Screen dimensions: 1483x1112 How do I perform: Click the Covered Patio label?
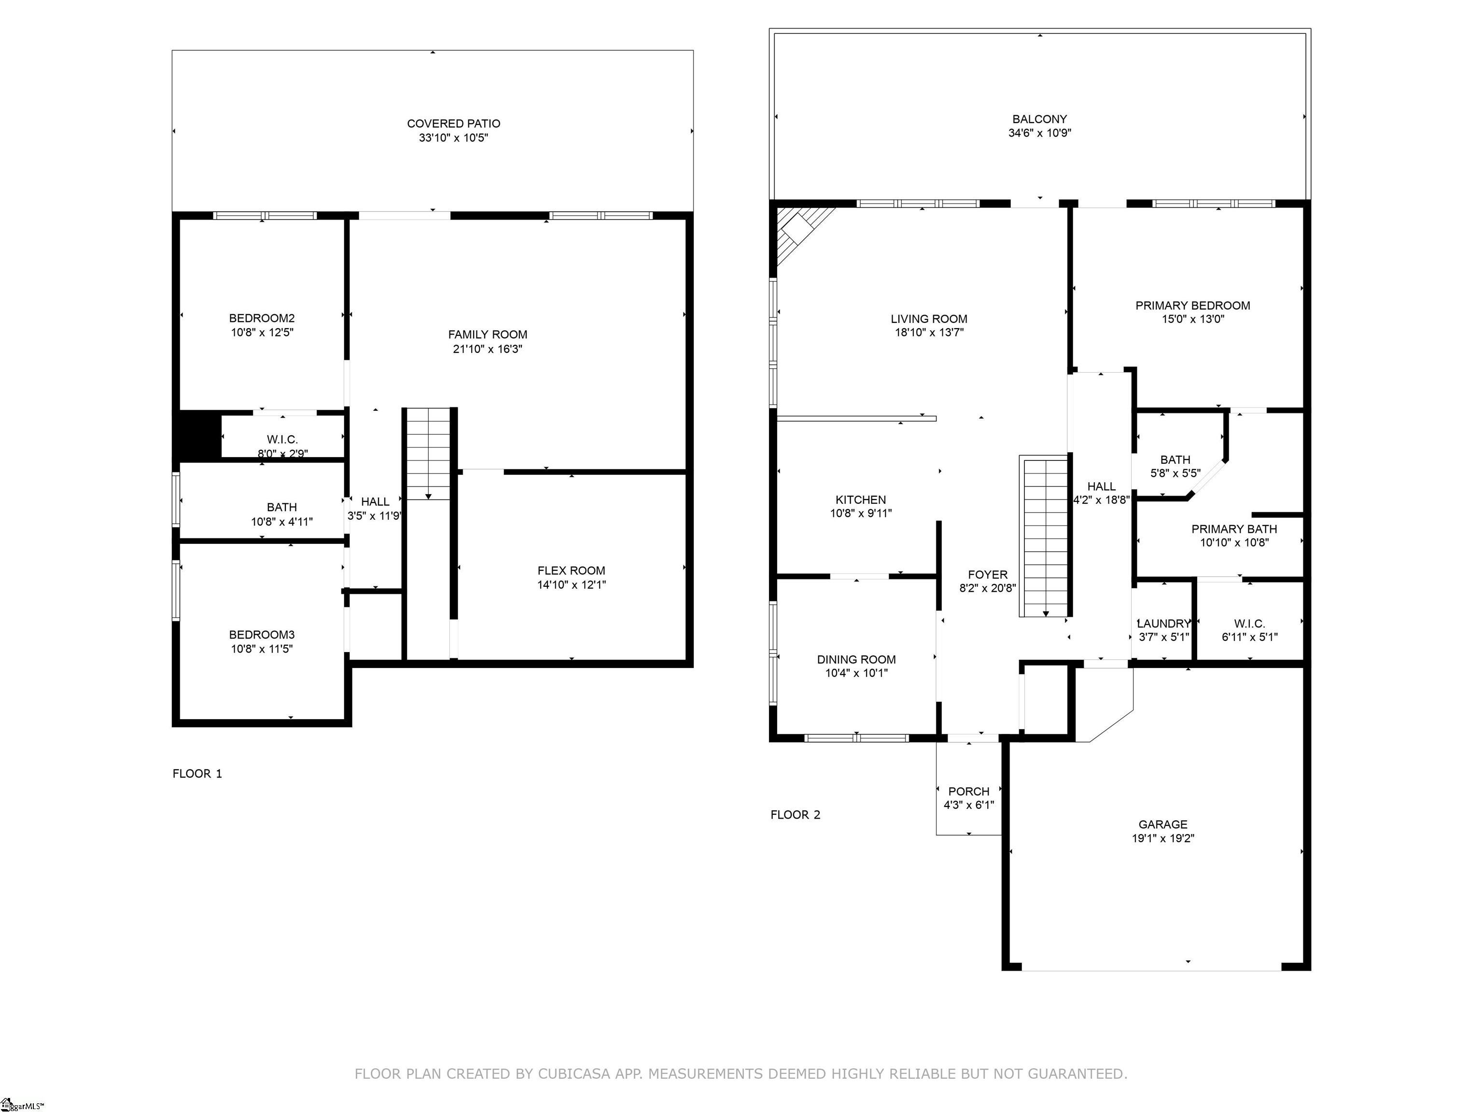tap(453, 124)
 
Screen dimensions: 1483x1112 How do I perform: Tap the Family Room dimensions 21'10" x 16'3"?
tap(488, 348)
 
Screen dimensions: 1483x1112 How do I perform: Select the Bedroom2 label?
tap(262, 319)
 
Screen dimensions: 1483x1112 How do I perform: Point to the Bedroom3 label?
tap(262, 635)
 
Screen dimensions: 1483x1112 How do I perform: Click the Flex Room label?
tap(571, 570)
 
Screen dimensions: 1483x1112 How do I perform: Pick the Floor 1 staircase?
tap(428, 454)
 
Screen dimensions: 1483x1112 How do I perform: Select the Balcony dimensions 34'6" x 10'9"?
tap(1040, 133)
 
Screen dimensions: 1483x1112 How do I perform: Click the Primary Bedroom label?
tap(1193, 306)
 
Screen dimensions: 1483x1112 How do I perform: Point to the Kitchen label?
tap(861, 500)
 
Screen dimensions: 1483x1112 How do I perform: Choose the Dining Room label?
tap(856, 660)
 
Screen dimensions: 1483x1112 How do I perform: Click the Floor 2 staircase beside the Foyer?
tap(1044, 536)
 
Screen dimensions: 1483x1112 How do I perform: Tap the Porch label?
tap(969, 792)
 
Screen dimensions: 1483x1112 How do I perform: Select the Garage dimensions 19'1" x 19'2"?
tap(1163, 838)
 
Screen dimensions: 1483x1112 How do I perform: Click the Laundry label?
tap(1164, 624)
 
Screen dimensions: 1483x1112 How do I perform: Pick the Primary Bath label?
tap(1234, 529)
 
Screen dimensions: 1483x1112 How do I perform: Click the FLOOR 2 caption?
tap(795, 815)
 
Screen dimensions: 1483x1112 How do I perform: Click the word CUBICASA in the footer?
tap(574, 1074)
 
